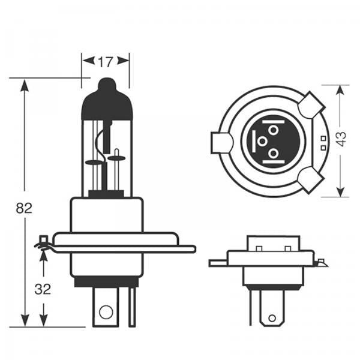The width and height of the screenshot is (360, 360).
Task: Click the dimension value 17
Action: click(106, 61)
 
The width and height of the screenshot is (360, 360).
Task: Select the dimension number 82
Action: click(24, 208)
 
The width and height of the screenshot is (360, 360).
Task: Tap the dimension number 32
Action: click(43, 289)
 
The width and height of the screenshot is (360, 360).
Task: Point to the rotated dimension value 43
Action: click(341, 139)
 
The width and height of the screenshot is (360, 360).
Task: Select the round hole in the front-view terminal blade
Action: click(106, 311)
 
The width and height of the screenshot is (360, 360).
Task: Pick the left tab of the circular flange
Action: click(221, 143)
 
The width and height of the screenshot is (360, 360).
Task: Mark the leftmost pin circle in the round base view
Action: click(262, 142)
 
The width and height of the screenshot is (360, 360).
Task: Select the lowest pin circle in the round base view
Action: click(274, 154)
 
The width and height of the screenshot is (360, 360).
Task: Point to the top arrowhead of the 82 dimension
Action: click(25, 85)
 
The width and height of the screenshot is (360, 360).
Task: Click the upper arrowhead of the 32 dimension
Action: click(43, 254)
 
